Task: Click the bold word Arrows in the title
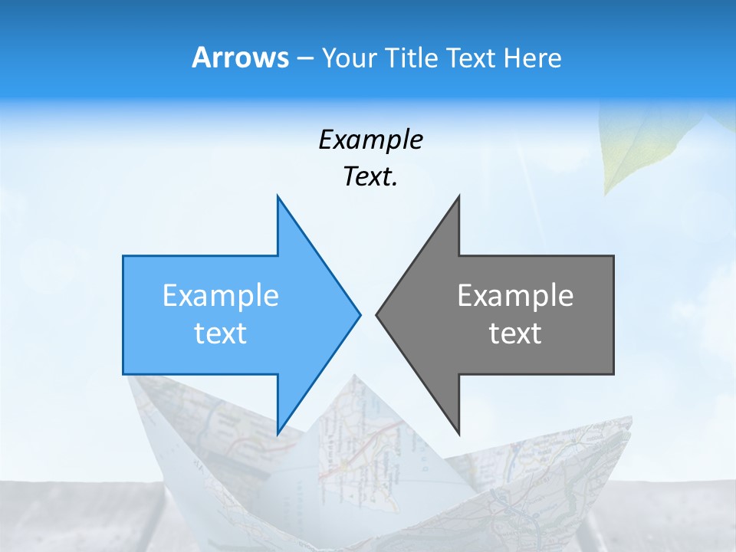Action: click(x=240, y=58)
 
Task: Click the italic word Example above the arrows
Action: click(x=370, y=140)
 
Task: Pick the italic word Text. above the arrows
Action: click(x=370, y=177)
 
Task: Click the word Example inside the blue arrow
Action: click(x=221, y=296)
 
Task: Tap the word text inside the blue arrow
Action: click(x=221, y=333)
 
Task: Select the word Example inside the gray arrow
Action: click(x=515, y=296)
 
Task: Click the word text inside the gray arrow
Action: click(x=515, y=333)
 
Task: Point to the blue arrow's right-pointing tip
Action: click(x=359, y=314)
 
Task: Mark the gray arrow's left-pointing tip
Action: click(x=377, y=314)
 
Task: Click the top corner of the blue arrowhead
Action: click(x=278, y=197)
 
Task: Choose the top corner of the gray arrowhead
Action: click(x=458, y=197)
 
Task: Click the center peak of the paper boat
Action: click(x=354, y=377)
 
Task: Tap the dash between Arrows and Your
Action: click(x=304, y=58)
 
